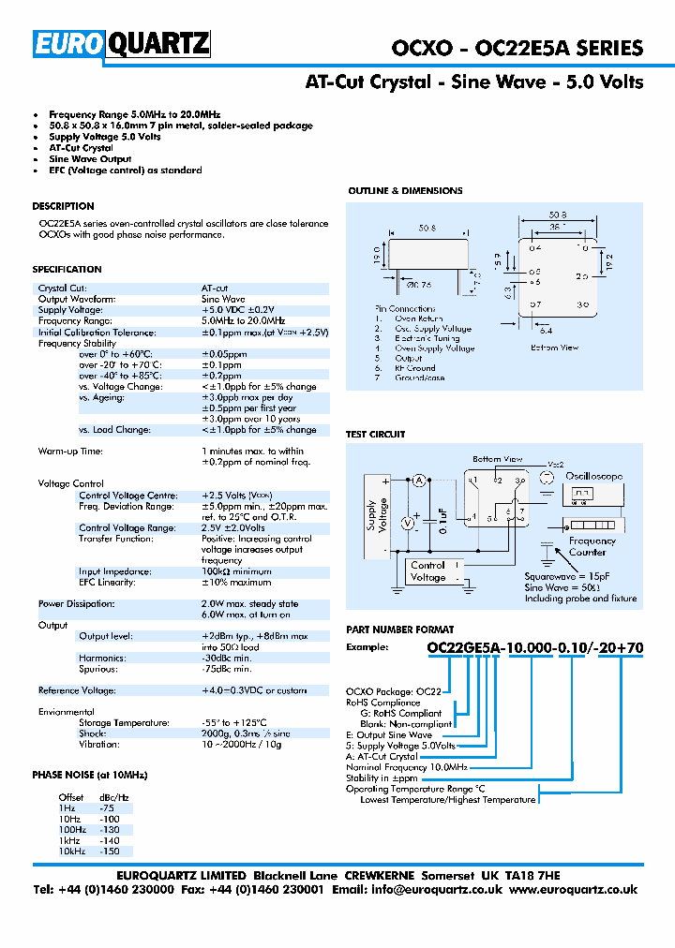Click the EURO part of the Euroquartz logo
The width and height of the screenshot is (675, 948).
click(x=70, y=44)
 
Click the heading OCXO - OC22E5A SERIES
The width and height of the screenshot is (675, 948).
click(x=517, y=48)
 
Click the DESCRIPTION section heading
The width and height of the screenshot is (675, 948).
click(x=63, y=206)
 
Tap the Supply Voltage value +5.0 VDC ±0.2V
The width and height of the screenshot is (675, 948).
click(x=238, y=310)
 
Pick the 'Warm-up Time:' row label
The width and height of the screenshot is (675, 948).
click(x=69, y=452)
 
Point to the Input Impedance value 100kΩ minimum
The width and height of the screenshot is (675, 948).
click(x=236, y=571)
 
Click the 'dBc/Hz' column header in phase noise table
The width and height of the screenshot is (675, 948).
click(x=113, y=797)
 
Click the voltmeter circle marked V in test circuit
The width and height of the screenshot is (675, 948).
click(x=408, y=524)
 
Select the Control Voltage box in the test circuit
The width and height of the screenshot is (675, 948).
click(x=427, y=571)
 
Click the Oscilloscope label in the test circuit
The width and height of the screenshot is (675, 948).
click(x=593, y=476)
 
